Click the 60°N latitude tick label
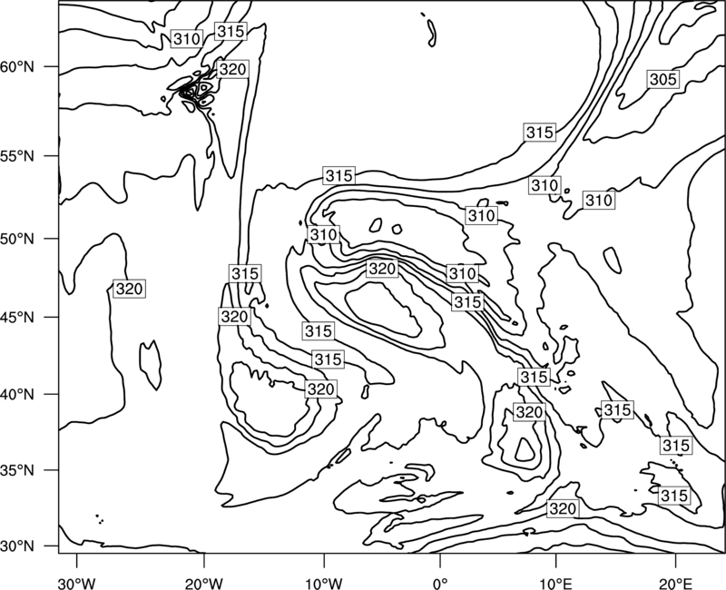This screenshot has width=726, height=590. pyautogui.click(x=17, y=67)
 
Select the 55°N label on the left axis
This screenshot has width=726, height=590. pyautogui.click(x=17, y=156)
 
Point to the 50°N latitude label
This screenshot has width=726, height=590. pyautogui.click(x=17, y=239)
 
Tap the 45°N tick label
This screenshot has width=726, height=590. pyautogui.click(x=17, y=317)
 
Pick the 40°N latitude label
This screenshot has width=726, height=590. pyautogui.click(x=17, y=395)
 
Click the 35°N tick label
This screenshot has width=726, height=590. pyautogui.click(x=17, y=470)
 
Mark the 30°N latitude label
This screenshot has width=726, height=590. pyautogui.click(x=17, y=546)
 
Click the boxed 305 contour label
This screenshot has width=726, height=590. pyautogui.click(x=663, y=80)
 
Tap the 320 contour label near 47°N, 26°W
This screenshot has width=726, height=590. pyautogui.click(x=129, y=289)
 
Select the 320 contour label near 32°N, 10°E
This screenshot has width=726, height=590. pyautogui.click(x=563, y=509)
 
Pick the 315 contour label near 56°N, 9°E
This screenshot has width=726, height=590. pyautogui.click(x=540, y=133)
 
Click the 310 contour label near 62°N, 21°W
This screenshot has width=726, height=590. pyautogui.click(x=187, y=39)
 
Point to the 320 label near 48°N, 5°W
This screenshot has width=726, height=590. pyautogui.click(x=382, y=269)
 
